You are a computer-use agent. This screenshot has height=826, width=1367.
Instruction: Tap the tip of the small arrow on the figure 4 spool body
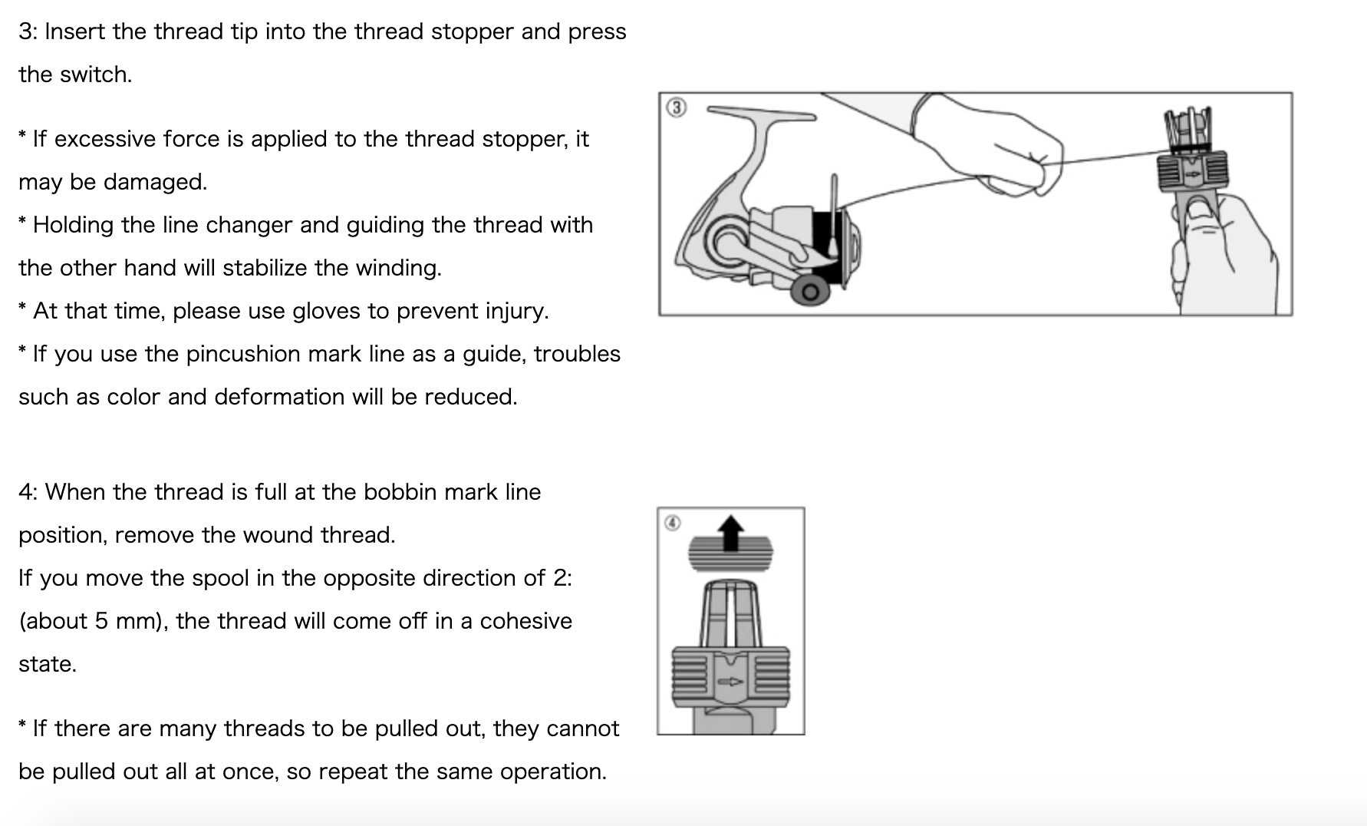[743, 681]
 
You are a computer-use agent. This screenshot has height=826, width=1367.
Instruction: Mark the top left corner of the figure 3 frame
[660, 93]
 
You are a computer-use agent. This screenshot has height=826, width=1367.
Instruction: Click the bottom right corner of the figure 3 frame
[1292, 315]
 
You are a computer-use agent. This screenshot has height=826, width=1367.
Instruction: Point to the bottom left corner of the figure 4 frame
[658, 734]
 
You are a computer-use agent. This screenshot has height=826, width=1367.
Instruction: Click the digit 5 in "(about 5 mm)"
[101, 621]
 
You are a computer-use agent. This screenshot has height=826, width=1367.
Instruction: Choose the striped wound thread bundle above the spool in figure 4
[731, 553]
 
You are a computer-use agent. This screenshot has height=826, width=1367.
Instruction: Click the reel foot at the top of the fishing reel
[761, 113]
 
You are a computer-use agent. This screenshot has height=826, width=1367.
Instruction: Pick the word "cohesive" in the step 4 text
[525, 621]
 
